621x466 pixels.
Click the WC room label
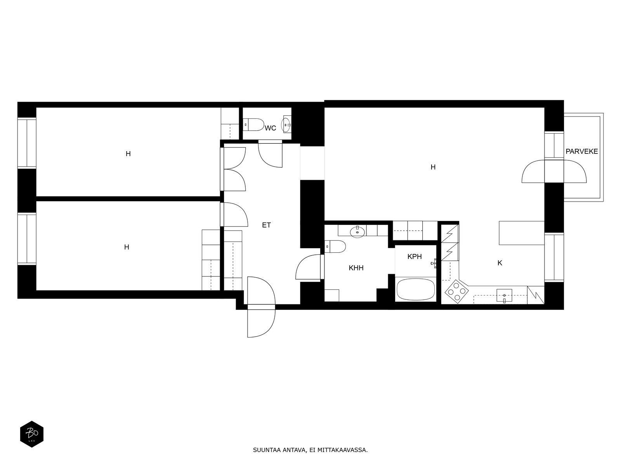(x=270, y=128)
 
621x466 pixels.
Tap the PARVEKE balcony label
(x=582, y=151)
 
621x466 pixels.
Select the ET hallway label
(x=266, y=225)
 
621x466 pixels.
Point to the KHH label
(x=356, y=268)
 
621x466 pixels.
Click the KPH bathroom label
(x=415, y=256)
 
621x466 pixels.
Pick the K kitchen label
(x=500, y=263)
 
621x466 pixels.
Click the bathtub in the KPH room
(x=416, y=289)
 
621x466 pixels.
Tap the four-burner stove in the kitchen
(x=456, y=292)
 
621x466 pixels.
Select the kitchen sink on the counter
(x=504, y=296)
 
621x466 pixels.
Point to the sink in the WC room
(x=286, y=124)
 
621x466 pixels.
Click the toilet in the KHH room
(x=335, y=247)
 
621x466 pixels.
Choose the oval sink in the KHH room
(x=357, y=232)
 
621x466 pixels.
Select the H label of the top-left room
(x=128, y=154)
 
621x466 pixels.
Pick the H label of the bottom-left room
(x=127, y=247)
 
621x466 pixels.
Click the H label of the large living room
(x=433, y=167)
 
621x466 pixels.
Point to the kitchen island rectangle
(x=521, y=233)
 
